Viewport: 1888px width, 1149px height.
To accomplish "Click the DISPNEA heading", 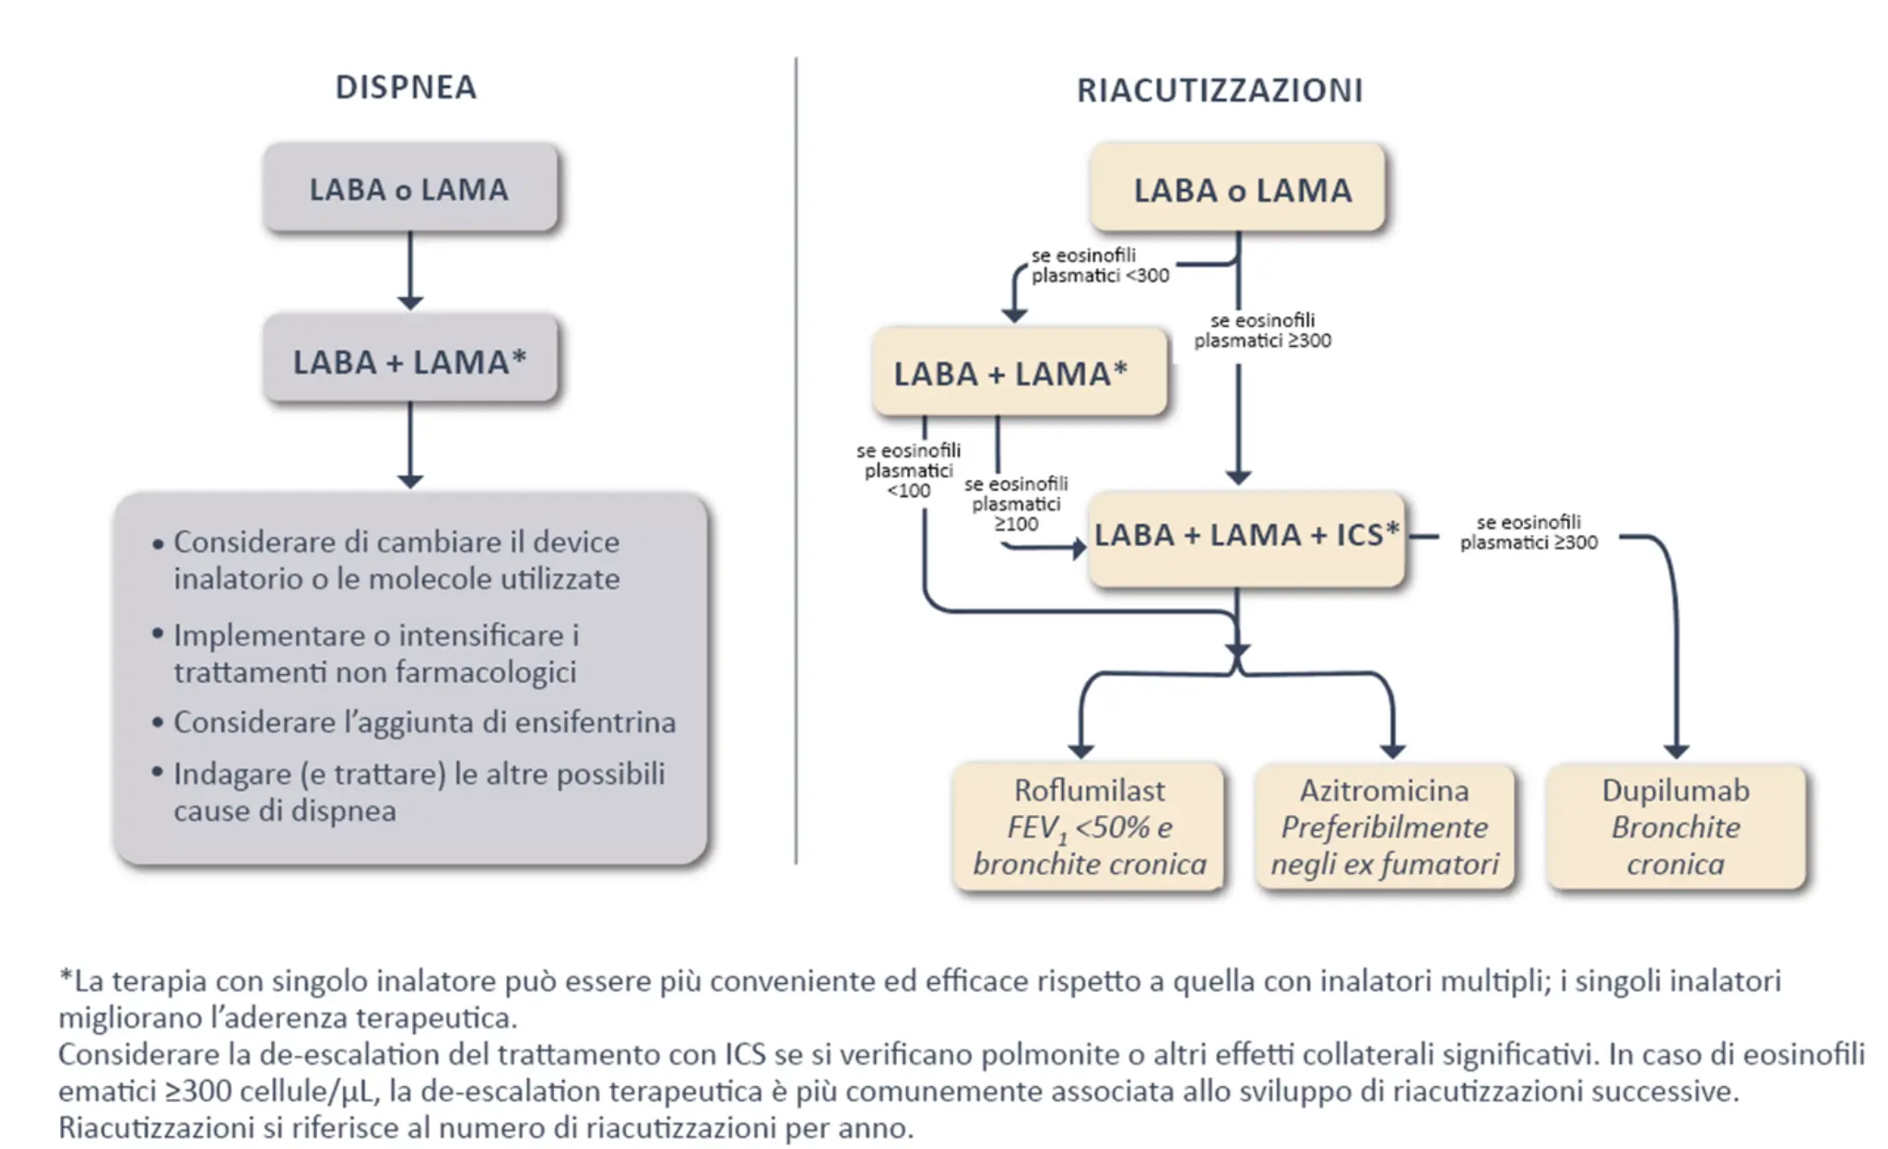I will pos(406,87).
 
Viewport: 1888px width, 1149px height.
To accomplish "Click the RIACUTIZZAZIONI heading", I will pos(1219,90).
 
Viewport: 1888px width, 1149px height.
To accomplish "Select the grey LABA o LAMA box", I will pos(409,188).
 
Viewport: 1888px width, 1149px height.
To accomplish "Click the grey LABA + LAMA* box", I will pos(409,361).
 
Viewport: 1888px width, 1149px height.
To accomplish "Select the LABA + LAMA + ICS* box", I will pos(1245,535).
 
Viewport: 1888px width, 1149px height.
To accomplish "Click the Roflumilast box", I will pos(1089,826).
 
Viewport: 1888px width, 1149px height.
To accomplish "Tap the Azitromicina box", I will pos(1385,826).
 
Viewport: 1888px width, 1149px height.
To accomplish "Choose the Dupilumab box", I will pos(1675,826).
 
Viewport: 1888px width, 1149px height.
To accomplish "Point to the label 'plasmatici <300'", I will pos(1100,276).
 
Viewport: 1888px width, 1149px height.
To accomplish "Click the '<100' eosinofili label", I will pos(908,491).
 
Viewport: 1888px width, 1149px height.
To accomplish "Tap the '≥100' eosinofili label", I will pos(1016,524).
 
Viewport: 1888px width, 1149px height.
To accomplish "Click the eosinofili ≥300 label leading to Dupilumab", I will pos(1528,533).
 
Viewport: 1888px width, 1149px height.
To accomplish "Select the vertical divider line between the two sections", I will pos(796,461).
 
